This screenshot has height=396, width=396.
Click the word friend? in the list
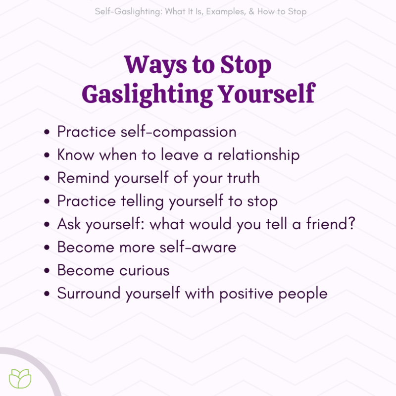[331, 224]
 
